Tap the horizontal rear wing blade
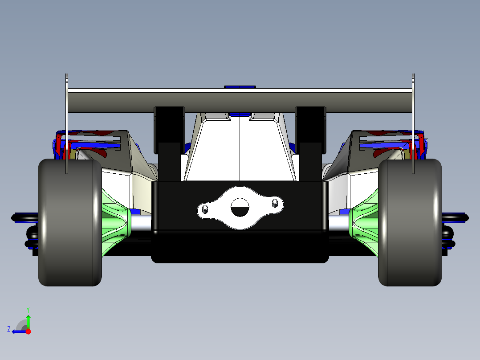pos(240,99)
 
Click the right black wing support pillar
pos(310,134)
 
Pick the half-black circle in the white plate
pos(240,207)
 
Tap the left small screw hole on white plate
pos(205,209)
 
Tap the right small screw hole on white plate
pos(275,204)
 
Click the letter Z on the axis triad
pos(9,329)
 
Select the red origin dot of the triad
pos(28,331)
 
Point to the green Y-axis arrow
pos(28,321)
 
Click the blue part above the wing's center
pos(240,87)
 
